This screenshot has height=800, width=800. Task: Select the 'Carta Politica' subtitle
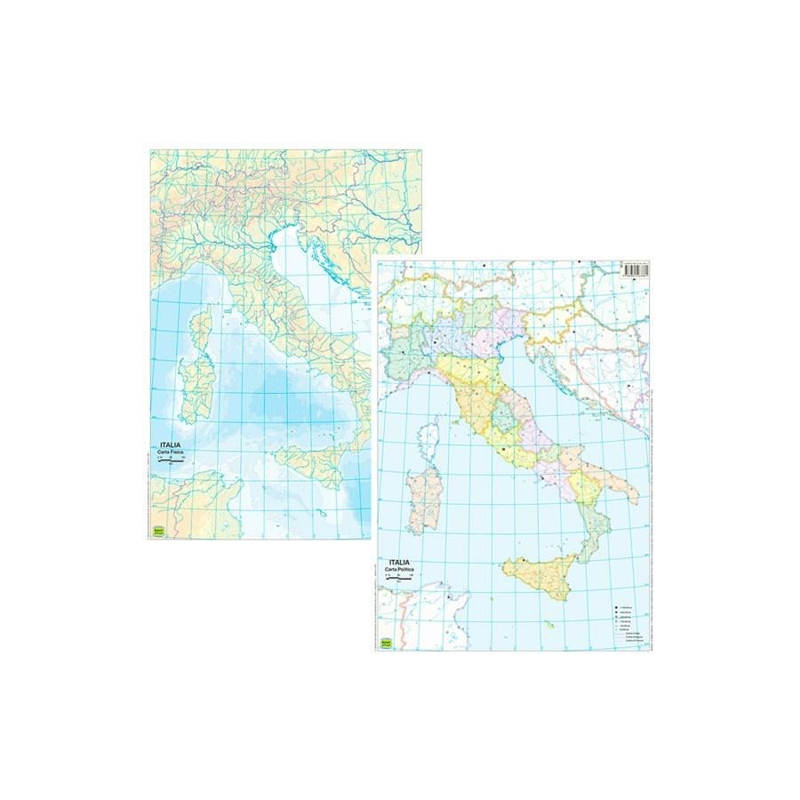400,571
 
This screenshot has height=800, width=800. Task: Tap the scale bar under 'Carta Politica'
399,579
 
